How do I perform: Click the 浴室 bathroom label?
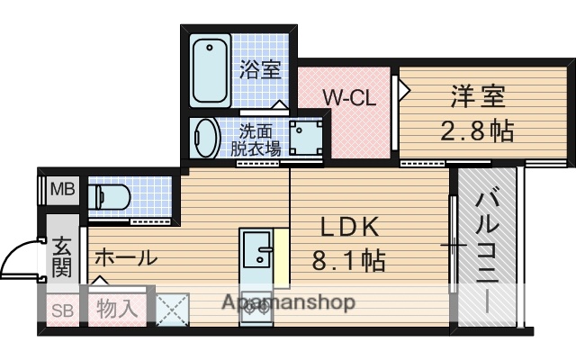click(260, 68)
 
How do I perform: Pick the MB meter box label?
click(62, 189)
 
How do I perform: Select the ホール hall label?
click(125, 257)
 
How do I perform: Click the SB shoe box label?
click(61, 310)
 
